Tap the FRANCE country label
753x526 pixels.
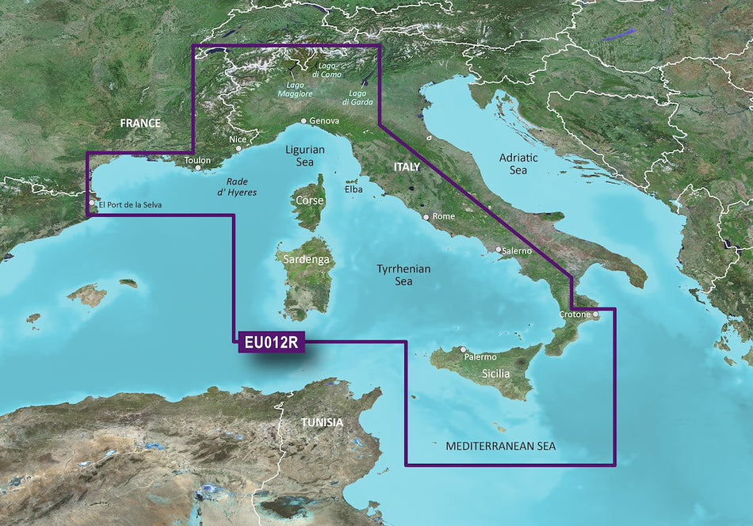point(140,123)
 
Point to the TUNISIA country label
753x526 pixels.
point(322,422)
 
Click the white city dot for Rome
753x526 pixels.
point(426,217)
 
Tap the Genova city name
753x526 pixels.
point(324,121)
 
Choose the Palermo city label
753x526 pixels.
point(480,357)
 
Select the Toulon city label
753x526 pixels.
point(197,160)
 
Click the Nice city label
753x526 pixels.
point(238,139)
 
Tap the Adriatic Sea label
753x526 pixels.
point(518,163)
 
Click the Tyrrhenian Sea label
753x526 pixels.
point(403,275)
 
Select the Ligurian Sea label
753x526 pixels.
point(304,155)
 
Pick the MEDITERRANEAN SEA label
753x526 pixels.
point(500,447)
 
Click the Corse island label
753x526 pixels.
point(309,200)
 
